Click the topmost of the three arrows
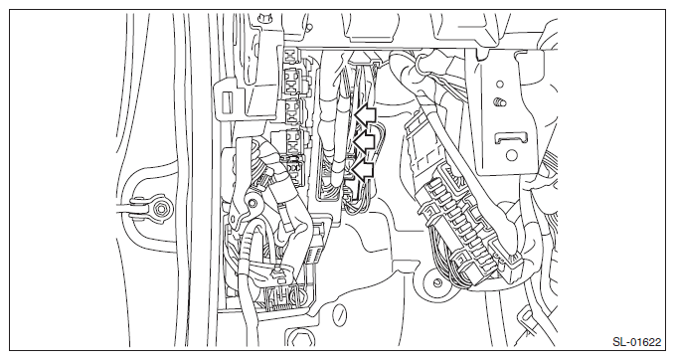[365, 114]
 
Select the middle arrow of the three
[364, 141]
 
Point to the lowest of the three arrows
[363, 169]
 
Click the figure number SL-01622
[636, 342]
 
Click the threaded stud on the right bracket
[498, 102]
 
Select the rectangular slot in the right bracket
[511, 138]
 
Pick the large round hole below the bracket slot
[511, 155]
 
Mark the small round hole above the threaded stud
[500, 84]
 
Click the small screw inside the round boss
[437, 282]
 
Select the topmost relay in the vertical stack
[294, 81]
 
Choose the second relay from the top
[293, 110]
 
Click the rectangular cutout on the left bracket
[227, 100]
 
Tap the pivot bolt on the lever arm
[252, 203]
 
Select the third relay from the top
[295, 140]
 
